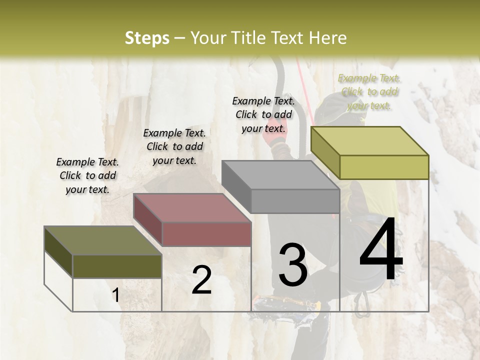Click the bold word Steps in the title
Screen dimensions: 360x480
pyautogui.click(x=147, y=38)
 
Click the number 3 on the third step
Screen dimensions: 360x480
pyautogui.click(x=292, y=265)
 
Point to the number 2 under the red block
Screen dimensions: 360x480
pyautogui.click(x=201, y=280)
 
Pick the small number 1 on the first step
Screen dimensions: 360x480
pyautogui.click(x=116, y=295)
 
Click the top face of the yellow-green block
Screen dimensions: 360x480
pyautogui.click(x=369, y=141)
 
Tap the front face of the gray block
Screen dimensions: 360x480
pyautogui.click(x=295, y=201)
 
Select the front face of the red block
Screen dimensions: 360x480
pyautogui.click(x=206, y=234)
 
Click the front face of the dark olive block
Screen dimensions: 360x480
pyautogui.click(x=117, y=266)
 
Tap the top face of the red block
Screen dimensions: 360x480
pyautogui.click(x=191, y=207)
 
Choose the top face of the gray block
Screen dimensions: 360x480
pyautogui.click(x=280, y=175)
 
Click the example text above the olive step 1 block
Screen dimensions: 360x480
pyautogui.click(x=87, y=175)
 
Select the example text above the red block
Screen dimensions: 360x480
pyautogui.click(x=174, y=146)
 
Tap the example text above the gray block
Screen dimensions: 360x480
pyautogui.click(x=263, y=114)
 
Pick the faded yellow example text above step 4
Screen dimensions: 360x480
pyautogui.click(x=369, y=91)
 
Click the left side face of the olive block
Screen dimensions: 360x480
pyautogui.click(x=58, y=252)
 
